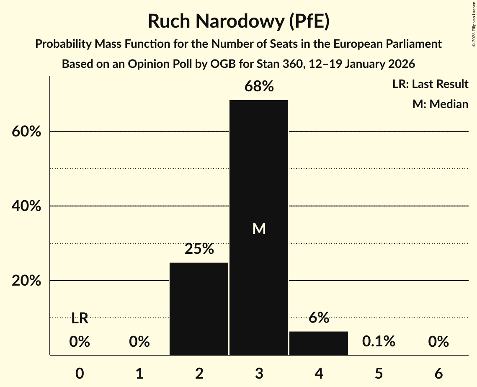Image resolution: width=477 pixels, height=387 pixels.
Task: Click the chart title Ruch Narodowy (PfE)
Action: coord(238,21)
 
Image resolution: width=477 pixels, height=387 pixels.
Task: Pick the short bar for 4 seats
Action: coord(319,343)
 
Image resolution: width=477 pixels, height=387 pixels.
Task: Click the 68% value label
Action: coord(259,87)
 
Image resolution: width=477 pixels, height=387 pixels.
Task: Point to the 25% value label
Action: coord(199,249)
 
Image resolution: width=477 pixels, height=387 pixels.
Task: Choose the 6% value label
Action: coord(319,318)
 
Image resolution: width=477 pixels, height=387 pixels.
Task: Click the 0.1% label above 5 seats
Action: coord(379,342)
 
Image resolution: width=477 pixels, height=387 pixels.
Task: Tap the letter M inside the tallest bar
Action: coord(259,229)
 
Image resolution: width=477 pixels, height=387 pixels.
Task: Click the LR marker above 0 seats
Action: coord(80,319)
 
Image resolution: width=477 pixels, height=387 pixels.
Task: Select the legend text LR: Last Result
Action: coord(430,84)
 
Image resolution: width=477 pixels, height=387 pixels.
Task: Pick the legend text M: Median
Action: coord(440,104)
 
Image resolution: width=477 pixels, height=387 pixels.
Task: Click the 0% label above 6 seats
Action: coord(438,342)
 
